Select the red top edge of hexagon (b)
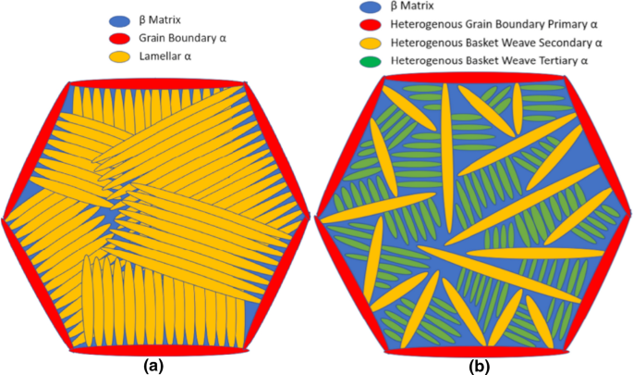click(476, 76)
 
